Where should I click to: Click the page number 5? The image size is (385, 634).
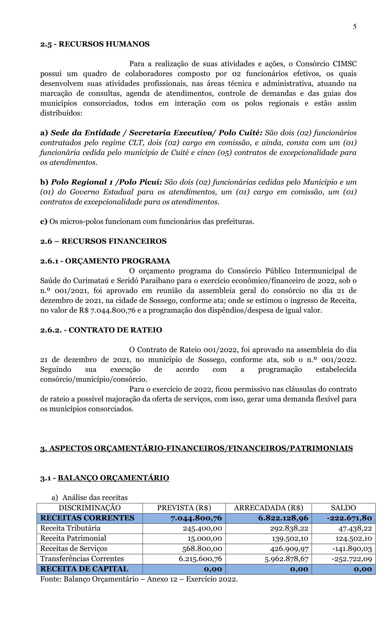coord(355,27)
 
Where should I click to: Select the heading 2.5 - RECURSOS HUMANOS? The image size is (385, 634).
coord(95,44)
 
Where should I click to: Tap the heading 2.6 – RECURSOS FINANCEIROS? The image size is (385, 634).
coord(103,241)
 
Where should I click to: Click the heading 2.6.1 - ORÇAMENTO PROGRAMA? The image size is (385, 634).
coord(105,261)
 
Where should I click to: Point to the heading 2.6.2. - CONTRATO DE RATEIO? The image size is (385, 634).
coord(101,330)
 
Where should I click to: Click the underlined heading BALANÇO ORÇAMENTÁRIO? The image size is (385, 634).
coord(113,478)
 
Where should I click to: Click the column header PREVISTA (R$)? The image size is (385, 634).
coord(184,508)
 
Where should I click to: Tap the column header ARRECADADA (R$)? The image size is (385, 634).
coord(268,508)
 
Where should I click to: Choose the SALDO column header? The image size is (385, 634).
coord(343,508)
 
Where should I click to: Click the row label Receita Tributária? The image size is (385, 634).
coord(70,528)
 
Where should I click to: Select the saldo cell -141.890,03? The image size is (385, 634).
coord(352,549)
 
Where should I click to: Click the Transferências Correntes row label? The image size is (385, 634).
coord(82,559)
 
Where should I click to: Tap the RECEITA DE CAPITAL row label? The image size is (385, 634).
coord(84,569)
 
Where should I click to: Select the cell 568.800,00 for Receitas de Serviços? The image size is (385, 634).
coord(202,549)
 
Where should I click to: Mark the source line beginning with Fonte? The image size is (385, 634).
coord(139,579)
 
